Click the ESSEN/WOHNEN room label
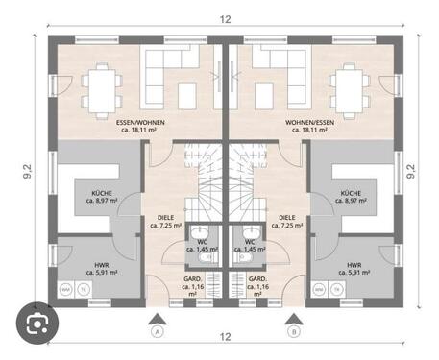(141, 123)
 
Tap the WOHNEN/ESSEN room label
(309, 123)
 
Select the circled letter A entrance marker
(155, 332)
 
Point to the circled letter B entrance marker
(293, 332)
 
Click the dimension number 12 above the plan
(224, 19)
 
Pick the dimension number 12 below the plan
(224, 336)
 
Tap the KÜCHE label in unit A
(102, 193)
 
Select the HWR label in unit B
(354, 265)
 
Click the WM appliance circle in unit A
(65, 289)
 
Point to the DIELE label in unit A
(164, 217)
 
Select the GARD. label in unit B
(256, 279)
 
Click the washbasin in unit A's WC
(199, 233)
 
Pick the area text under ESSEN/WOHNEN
(141, 132)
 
